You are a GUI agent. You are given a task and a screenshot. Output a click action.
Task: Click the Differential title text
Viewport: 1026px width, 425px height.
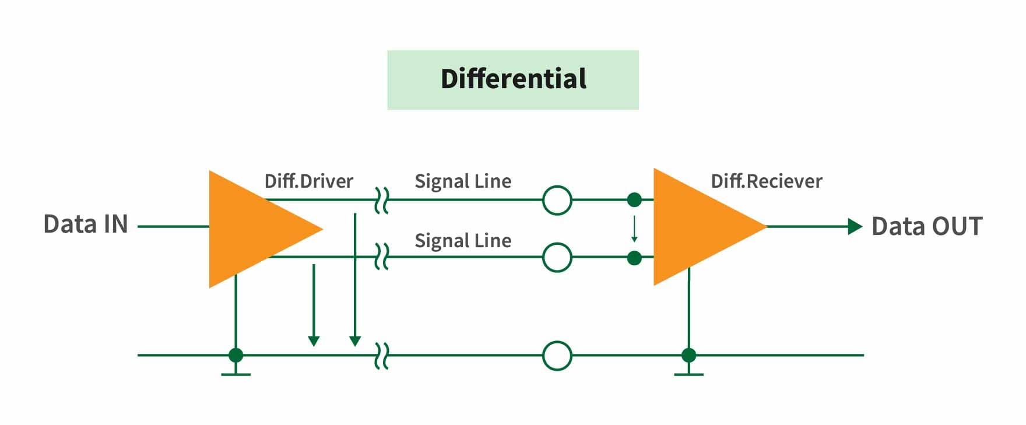[513, 79]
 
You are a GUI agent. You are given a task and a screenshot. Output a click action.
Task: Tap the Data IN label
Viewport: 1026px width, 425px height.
[86, 224]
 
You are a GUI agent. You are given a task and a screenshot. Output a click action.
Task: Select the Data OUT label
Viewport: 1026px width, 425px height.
[927, 226]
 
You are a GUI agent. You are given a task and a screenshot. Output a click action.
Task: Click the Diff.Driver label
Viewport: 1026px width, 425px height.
[308, 181]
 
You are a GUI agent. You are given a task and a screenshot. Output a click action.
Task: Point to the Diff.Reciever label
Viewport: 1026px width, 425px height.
[766, 181]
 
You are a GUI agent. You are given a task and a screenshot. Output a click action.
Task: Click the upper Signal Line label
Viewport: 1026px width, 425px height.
[463, 181]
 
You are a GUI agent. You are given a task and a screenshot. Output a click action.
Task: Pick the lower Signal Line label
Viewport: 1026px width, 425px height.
[463, 241]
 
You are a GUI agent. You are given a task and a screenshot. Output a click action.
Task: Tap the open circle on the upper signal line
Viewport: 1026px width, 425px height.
[557, 201]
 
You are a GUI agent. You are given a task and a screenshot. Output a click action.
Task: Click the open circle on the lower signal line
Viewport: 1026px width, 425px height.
[557, 257]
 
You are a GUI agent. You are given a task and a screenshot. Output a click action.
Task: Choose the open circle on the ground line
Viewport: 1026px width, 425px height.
[557, 356]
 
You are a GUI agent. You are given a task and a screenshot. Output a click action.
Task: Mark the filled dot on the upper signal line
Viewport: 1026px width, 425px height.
[634, 200]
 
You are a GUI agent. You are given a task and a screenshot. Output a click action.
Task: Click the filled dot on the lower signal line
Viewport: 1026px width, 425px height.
[634, 258]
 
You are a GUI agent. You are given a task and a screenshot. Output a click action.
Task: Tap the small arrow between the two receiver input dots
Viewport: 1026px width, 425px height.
[634, 229]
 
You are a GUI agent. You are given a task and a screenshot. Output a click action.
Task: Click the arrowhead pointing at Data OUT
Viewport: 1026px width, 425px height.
[855, 226]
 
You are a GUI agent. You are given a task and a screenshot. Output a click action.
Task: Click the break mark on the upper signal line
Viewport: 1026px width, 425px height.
[381, 200]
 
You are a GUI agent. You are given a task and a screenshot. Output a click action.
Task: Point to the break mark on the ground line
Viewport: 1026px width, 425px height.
[381, 356]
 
